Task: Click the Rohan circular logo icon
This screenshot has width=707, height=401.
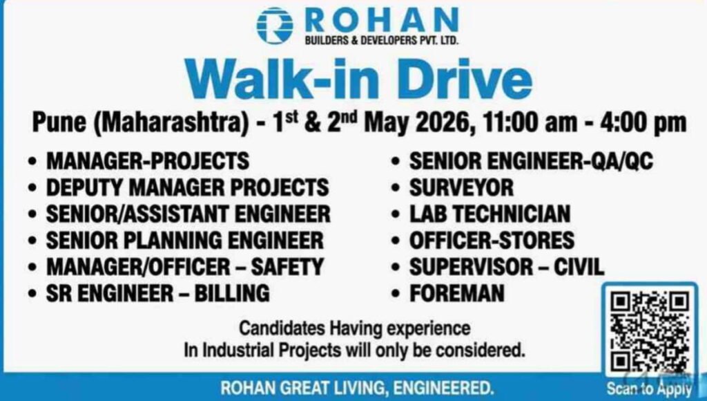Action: coord(275,25)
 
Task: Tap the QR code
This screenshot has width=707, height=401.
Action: coord(651,331)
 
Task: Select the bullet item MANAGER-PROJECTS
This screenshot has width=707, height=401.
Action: coord(148,161)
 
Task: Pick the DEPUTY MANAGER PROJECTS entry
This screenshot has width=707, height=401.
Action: coord(187,187)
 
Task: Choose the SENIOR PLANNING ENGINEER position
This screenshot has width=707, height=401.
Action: coord(184,240)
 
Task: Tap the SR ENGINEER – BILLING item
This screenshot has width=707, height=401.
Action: coord(157,292)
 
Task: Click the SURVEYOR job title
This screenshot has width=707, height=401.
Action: coord(461,187)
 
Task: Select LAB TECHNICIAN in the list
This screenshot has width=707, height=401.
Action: coord(490,214)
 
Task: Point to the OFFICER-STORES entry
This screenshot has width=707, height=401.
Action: coord(492,240)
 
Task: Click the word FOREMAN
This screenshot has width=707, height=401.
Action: coord(457,292)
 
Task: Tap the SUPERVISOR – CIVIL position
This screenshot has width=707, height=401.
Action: coord(506,266)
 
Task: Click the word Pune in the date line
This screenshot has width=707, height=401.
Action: coord(60,124)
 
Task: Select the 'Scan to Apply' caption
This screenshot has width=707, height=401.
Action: coord(649,389)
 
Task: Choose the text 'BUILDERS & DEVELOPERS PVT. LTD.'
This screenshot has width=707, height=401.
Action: coord(381,41)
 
